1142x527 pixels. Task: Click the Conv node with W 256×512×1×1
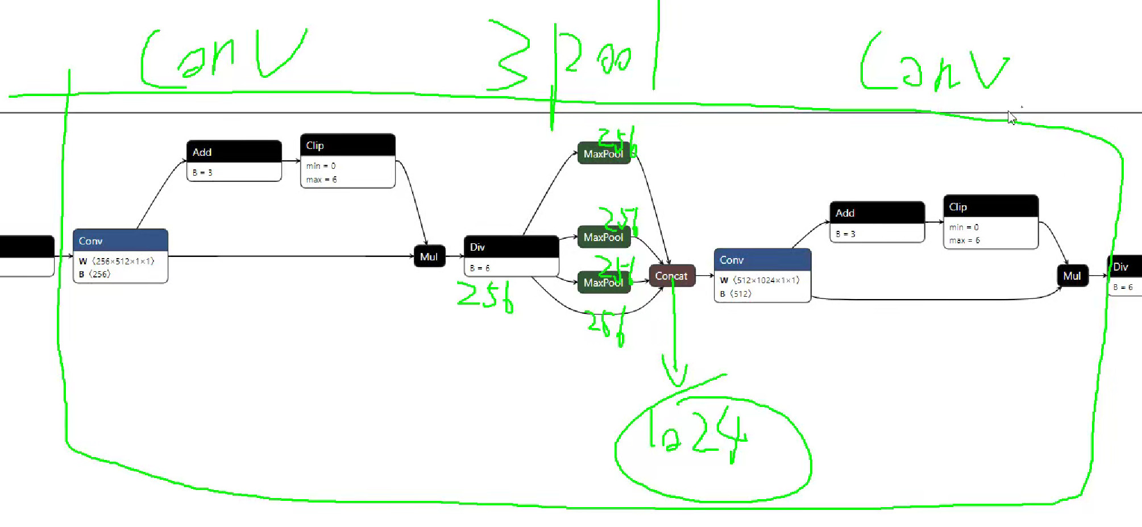click(x=120, y=255)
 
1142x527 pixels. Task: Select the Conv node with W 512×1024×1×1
click(x=762, y=275)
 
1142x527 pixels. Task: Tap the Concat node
click(x=671, y=276)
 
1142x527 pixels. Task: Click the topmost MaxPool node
click(x=603, y=153)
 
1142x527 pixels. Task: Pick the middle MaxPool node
click(x=603, y=237)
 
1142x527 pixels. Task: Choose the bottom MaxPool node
click(x=603, y=283)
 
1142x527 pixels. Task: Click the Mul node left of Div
click(x=429, y=256)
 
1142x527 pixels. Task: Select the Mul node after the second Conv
click(x=1072, y=276)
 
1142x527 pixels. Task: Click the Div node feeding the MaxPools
click(x=510, y=256)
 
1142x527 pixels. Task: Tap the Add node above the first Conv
click(x=234, y=161)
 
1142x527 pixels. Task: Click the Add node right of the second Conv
click(x=877, y=222)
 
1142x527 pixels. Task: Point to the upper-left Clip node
click(x=347, y=160)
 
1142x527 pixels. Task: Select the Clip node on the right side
click(x=990, y=222)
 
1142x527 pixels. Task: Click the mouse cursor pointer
click(x=1011, y=118)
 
